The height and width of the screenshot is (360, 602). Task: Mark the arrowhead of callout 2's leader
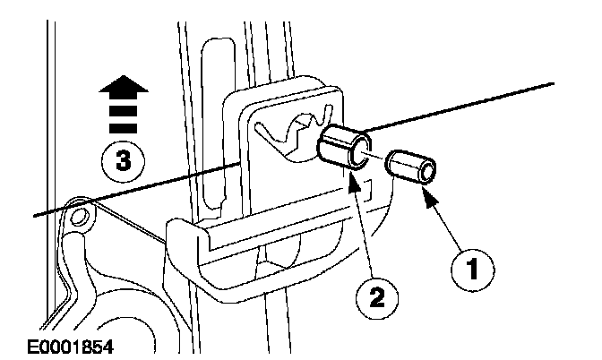click(x=354, y=177)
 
